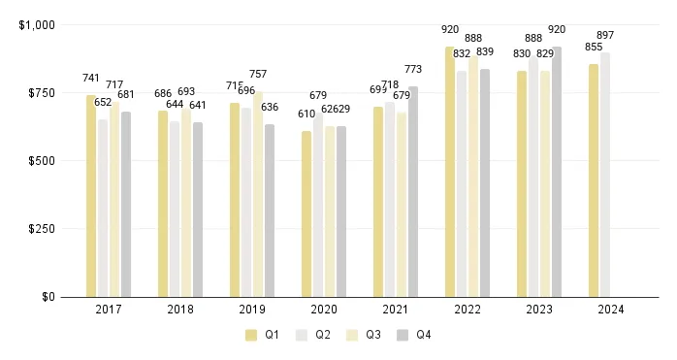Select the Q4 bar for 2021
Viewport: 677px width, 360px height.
tap(413, 191)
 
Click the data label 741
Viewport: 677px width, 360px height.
tap(91, 78)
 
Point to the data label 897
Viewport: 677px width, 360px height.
tap(605, 35)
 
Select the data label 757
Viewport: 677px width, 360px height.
tap(258, 74)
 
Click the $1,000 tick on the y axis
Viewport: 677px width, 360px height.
tap(38, 24)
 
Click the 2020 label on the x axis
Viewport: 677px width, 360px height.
tap(324, 310)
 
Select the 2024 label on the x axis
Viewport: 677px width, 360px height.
tap(611, 310)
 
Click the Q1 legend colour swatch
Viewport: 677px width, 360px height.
tap(251, 335)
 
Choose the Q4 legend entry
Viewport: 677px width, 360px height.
tap(415, 335)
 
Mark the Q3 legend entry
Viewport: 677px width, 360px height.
tap(362, 335)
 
